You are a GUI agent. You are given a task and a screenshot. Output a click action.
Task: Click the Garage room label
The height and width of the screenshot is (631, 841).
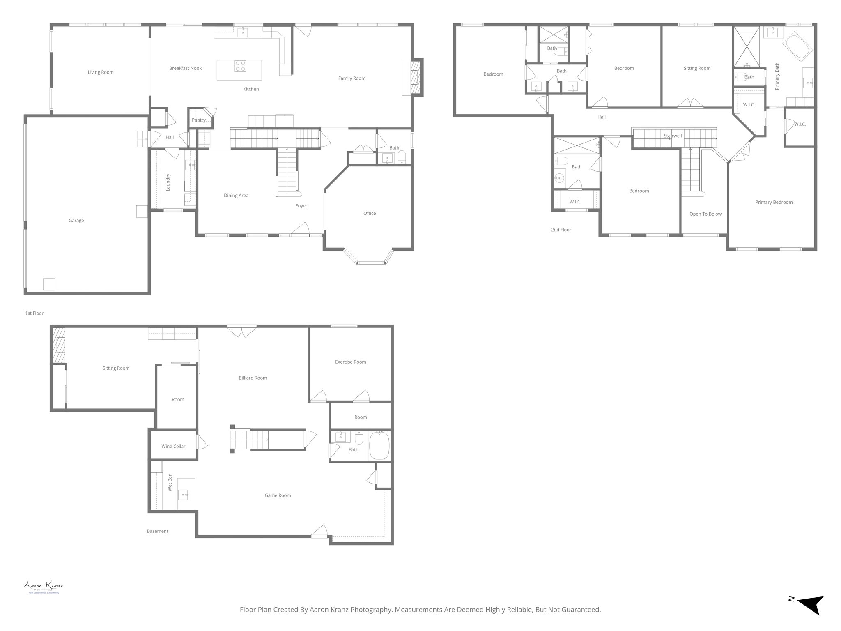coord(76,221)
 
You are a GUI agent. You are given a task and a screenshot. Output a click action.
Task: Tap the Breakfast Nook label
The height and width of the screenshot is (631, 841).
coord(185,68)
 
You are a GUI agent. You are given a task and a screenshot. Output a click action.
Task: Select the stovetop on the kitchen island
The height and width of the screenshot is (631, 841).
coord(240,66)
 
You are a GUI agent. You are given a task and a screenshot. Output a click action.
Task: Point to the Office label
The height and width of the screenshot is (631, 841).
coord(370,213)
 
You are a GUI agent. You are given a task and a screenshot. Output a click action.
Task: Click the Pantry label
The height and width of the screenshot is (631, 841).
coord(199,120)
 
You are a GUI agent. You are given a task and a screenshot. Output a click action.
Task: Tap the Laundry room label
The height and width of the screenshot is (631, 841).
coord(168,182)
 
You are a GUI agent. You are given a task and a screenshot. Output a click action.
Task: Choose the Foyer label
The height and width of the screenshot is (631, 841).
coord(301,206)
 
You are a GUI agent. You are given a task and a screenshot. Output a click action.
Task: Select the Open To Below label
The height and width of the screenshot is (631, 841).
coord(705,214)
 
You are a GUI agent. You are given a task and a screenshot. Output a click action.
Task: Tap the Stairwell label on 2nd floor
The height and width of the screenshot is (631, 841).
coord(673,136)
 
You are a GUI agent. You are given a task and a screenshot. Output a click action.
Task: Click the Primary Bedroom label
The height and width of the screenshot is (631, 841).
coord(774,202)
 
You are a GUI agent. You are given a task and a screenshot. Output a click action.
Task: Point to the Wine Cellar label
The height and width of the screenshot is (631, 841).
coord(173,446)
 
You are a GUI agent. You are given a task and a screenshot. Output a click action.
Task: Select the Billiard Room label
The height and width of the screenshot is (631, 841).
coord(253,378)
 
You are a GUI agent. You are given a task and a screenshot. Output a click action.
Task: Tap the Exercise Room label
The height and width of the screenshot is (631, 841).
coord(350,362)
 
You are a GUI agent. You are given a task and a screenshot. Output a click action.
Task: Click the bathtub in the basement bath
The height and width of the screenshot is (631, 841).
coord(380,446)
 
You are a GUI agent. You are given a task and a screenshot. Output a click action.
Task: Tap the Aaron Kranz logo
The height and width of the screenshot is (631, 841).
coord(43,587)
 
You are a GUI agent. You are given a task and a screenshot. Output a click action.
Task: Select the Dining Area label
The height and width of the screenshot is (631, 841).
coord(236,196)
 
